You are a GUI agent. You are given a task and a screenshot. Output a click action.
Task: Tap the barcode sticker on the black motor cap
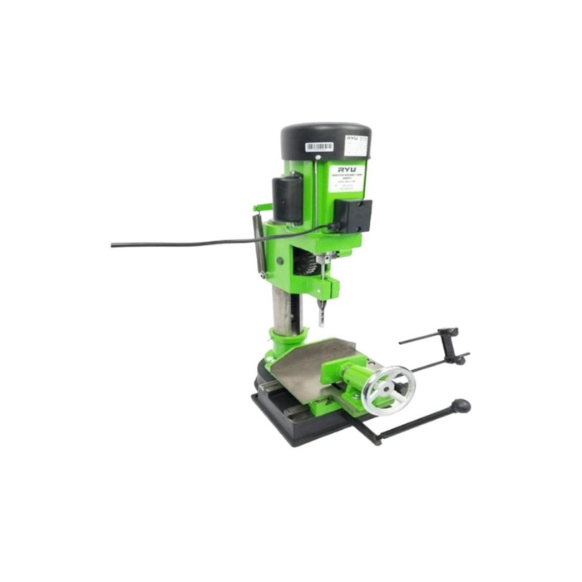pos(319,147)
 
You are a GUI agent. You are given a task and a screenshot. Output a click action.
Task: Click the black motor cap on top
pos(324,137)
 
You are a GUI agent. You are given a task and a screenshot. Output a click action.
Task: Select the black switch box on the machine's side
pos(355,215)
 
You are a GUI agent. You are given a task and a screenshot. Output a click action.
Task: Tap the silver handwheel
pos(388,390)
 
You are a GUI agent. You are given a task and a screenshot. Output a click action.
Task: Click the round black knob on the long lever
pos(461,406)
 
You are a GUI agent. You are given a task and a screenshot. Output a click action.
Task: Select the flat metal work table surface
pos(308,366)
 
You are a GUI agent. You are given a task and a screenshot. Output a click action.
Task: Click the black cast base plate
pos(299,424)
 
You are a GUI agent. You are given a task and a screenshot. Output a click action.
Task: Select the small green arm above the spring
pos(262,207)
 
